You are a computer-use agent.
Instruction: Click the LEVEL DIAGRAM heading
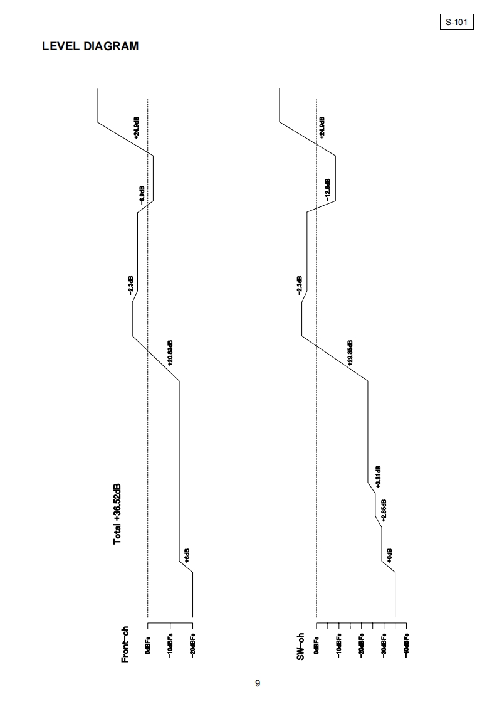[x=90, y=46]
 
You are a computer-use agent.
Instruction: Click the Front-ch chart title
[x=125, y=644]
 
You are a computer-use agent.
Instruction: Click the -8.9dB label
[x=142, y=195]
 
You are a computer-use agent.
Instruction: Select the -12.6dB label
[x=327, y=188]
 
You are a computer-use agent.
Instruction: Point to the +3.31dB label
[x=379, y=477]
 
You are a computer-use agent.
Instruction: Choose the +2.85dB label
[x=384, y=510]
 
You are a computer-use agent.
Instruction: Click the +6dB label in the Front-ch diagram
[x=187, y=555]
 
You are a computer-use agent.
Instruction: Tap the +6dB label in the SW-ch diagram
[x=389, y=556]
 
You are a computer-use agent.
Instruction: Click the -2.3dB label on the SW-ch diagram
[x=300, y=285]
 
